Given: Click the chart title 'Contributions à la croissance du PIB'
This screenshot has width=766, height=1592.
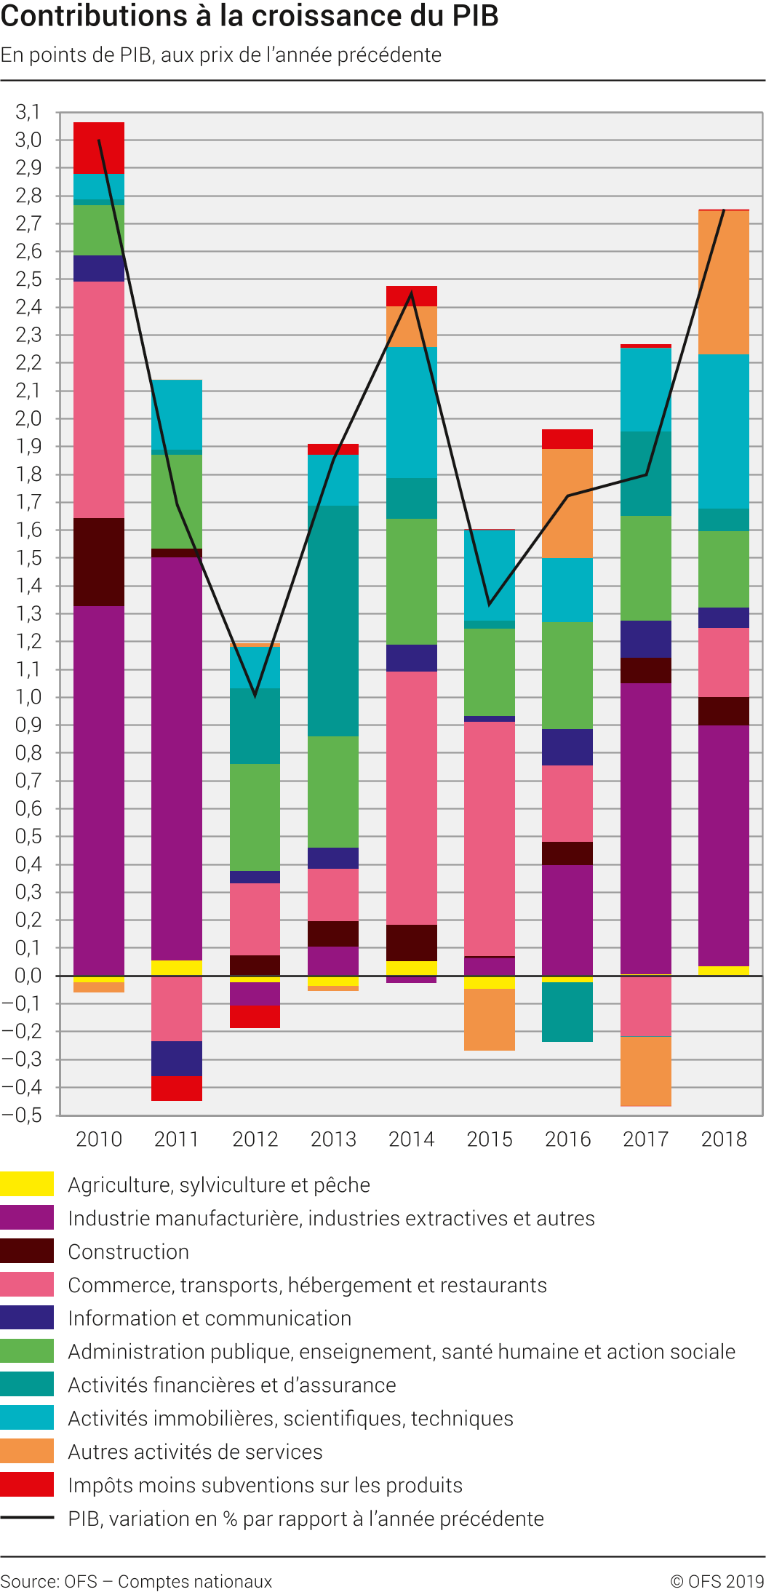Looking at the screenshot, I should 250,16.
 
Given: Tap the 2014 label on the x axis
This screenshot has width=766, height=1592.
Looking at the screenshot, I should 411,1139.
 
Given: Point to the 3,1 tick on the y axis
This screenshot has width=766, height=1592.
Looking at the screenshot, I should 28,112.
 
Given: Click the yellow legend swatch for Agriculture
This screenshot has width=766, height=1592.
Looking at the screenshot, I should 27,1184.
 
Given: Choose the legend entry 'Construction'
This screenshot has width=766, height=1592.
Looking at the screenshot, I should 128,1251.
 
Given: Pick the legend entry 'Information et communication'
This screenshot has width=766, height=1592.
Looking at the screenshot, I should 210,1318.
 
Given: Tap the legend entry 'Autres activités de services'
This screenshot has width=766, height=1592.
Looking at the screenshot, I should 195,1452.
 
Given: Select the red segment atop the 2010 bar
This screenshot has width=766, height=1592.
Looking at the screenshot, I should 99,148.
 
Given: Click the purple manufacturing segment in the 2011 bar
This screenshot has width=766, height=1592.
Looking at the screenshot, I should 177,757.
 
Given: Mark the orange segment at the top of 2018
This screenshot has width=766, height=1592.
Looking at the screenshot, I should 724,282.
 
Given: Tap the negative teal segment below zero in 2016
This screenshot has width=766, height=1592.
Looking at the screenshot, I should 567,1011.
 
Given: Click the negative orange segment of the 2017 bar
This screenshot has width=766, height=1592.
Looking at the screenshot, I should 646,1071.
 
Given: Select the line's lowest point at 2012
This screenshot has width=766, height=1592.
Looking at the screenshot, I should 255,696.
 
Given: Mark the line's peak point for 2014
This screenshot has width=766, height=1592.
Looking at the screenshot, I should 412,293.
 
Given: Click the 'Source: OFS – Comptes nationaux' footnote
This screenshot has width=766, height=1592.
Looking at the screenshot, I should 136,1581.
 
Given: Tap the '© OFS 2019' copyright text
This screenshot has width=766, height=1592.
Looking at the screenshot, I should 717,1581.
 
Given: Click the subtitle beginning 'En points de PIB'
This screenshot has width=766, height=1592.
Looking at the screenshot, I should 221,55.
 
